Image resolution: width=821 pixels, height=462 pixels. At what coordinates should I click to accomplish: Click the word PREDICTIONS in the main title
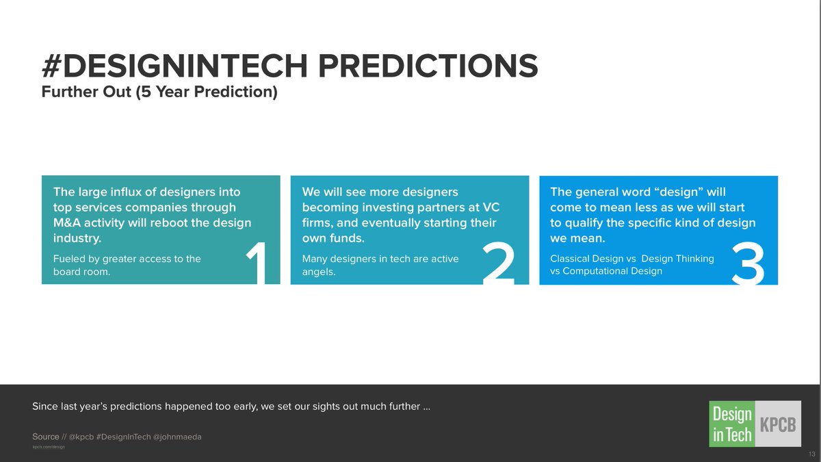[428, 66]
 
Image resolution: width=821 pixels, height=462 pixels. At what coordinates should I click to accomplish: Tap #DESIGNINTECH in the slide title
[174, 66]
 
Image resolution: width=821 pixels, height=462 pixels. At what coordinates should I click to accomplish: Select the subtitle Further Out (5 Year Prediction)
[159, 92]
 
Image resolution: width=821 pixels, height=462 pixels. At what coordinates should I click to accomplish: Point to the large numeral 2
[499, 263]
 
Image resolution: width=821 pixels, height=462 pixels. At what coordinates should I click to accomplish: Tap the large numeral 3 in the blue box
[748, 263]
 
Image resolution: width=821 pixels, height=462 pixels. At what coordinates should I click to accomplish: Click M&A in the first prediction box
[67, 222]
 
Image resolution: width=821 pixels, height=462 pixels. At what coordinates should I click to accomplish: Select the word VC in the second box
[491, 207]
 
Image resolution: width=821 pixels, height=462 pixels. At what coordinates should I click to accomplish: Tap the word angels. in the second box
[319, 272]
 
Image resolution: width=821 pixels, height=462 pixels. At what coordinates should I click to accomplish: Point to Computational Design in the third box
[612, 271]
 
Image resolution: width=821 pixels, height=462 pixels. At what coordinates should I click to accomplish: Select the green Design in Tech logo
[732, 424]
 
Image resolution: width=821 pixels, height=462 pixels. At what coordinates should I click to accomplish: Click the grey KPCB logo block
[778, 424]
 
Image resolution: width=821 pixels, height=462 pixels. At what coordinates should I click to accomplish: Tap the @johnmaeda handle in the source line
[177, 437]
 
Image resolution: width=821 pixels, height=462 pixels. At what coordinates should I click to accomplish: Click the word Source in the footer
[45, 437]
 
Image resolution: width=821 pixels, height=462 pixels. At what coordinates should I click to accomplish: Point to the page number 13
[811, 454]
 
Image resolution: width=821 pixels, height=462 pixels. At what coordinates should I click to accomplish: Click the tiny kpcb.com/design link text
[49, 447]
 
